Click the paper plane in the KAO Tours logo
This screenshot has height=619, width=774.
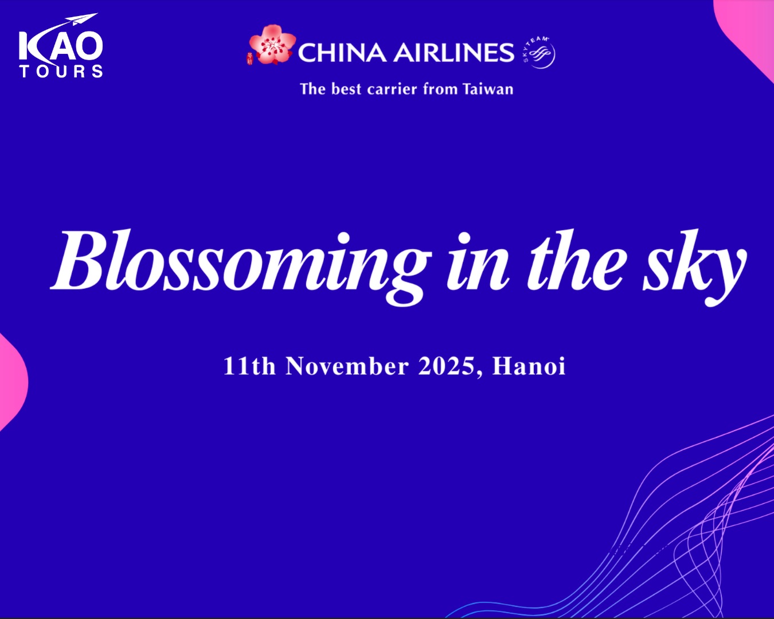(x=84, y=19)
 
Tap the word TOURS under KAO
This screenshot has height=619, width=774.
(x=61, y=71)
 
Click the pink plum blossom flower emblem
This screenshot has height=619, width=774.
(x=272, y=45)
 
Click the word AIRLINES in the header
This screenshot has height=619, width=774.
(x=454, y=53)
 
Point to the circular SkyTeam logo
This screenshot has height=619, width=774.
(x=539, y=53)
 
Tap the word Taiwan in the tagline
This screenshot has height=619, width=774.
(x=488, y=89)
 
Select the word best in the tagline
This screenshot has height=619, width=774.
(x=346, y=89)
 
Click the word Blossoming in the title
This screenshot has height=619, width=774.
(x=241, y=266)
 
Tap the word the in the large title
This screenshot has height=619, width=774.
(x=574, y=260)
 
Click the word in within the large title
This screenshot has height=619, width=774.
(x=478, y=261)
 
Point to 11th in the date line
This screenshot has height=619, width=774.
(x=249, y=366)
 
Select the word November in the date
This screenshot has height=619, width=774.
(x=347, y=366)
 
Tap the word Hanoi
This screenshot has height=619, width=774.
(x=529, y=366)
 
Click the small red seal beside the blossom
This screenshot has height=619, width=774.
(x=249, y=58)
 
